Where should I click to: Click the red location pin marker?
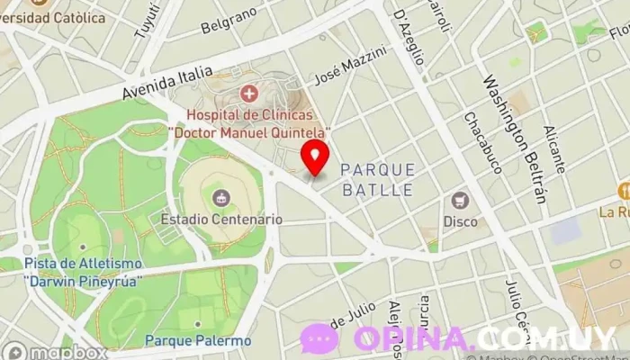315,157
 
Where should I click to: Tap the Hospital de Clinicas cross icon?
249,93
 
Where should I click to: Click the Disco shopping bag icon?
461,200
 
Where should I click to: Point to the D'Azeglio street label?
409,36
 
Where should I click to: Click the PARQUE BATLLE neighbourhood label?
378,180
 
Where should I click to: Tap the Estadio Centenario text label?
222,219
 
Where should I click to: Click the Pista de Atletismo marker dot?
83,246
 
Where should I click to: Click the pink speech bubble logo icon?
319,339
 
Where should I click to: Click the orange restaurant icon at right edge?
623,191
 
